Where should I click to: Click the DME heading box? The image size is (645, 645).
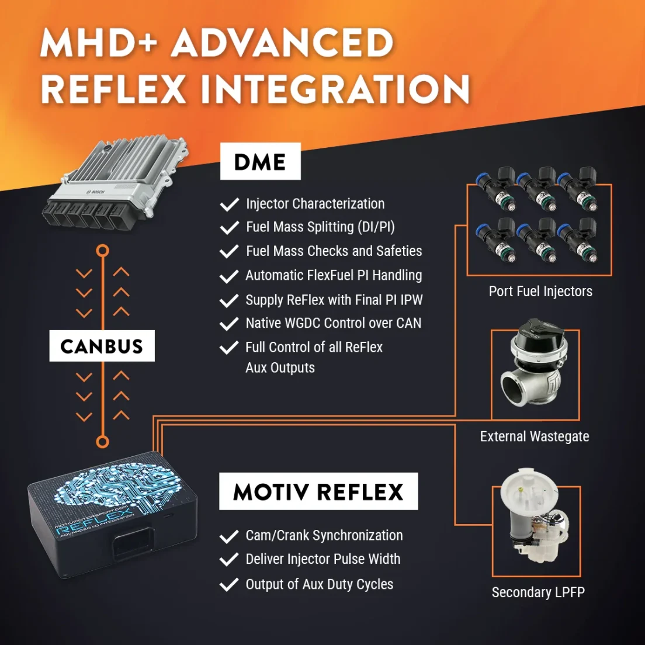pos(261,161)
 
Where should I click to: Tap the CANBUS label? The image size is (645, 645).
pos(102,346)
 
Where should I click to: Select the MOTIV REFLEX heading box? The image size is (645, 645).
pos(318,491)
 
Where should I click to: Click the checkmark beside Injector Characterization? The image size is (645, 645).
pos(229,204)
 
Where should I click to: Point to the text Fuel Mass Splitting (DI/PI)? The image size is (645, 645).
pos(320,227)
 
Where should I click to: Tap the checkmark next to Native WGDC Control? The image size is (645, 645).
pos(229,324)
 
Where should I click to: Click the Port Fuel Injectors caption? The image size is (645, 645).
pos(540,291)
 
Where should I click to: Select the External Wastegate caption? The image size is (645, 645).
pos(535,436)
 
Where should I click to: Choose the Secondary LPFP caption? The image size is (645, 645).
pos(538,592)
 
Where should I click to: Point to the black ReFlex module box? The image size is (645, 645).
pos(113,514)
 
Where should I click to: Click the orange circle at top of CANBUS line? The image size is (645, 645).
pos(102,251)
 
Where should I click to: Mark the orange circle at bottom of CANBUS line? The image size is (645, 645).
pos(102,442)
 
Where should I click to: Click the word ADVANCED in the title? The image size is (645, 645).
pos(282,43)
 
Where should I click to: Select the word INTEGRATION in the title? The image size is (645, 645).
pos(335,89)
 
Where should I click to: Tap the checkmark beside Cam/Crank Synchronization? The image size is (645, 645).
pos(229,536)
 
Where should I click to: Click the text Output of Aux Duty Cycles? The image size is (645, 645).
pos(319,584)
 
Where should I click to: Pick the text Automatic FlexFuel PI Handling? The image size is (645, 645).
pos(334,275)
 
